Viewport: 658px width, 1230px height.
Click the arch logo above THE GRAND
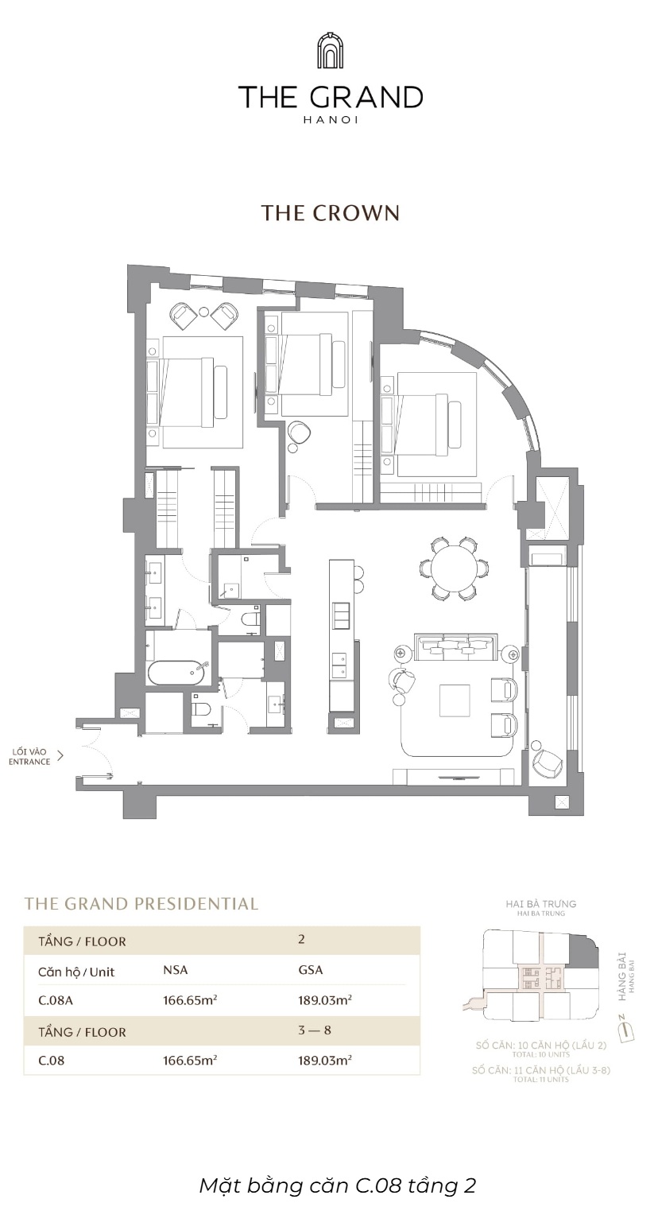(329, 51)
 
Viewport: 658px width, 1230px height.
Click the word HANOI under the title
(329, 119)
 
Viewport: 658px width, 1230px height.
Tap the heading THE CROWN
(329, 213)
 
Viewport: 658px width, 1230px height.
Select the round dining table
(454, 568)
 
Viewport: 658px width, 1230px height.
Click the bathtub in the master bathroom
(176, 673)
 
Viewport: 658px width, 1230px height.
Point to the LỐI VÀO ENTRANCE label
(30, 756)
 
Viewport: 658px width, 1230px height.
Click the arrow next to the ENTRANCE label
(60, 756)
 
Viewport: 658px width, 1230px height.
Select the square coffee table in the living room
(459, 702)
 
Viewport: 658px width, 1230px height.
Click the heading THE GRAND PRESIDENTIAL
(141, 903)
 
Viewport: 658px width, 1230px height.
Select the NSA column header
(175, 970)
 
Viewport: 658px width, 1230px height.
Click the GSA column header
(310, 970)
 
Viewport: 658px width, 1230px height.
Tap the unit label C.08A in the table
(55, 1000)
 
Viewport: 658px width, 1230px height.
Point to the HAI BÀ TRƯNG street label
(540, 904)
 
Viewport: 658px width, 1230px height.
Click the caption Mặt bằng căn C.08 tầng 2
(337, 1185)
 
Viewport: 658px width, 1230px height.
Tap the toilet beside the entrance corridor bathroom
(201, 709)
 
